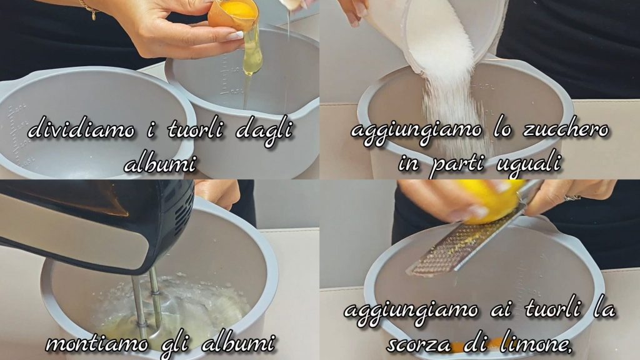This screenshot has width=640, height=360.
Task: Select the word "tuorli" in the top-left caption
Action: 197,129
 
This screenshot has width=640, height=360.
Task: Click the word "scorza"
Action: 417,345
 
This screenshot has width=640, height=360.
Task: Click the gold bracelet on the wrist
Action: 89,8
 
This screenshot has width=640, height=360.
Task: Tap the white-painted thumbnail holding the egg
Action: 235,36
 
